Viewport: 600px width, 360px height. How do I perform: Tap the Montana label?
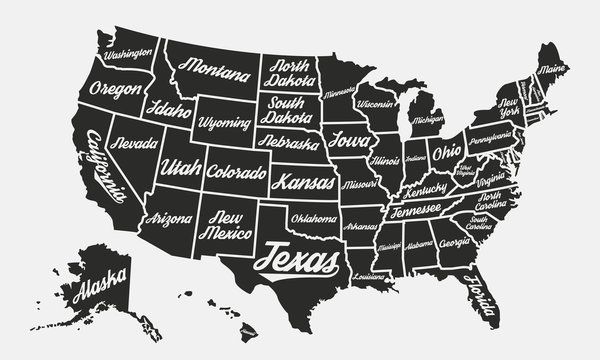215,71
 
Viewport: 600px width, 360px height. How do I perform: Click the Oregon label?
115,89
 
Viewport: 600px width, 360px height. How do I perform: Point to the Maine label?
552,70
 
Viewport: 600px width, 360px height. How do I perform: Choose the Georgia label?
455,243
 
